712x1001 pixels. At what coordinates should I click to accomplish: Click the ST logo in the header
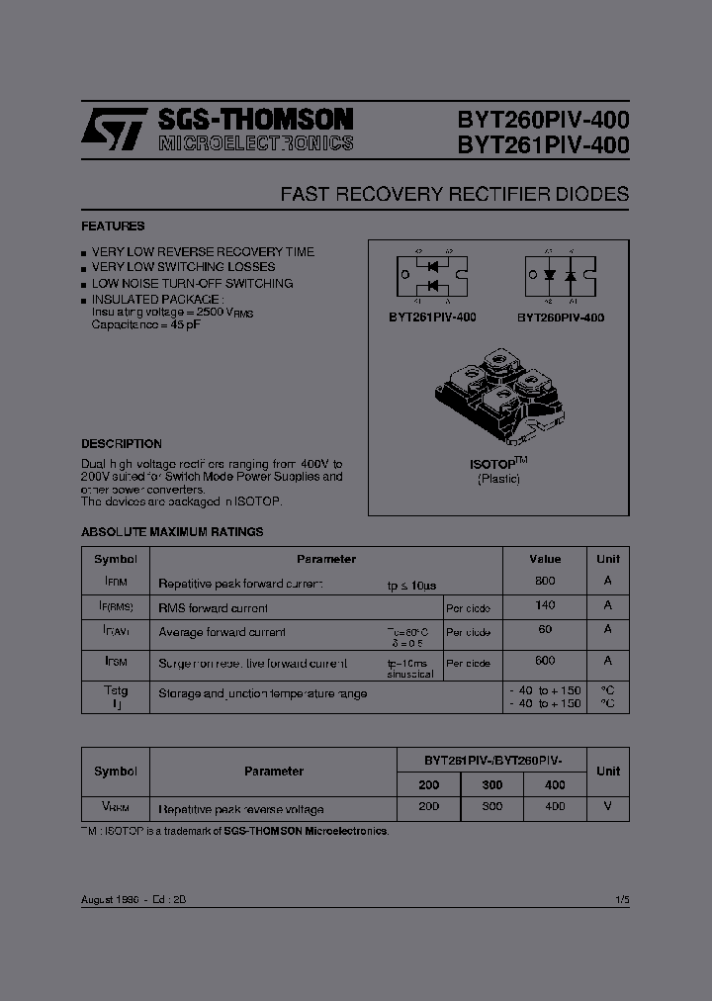115,130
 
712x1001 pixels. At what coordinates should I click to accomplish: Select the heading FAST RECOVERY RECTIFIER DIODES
454,194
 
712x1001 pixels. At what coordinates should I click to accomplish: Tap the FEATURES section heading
113,227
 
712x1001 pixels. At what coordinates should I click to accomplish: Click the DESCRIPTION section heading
122,444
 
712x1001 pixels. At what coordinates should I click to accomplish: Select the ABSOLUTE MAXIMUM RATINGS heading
172,531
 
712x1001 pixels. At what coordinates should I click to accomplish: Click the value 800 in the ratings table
545,582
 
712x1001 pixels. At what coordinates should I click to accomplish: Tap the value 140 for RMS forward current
545,605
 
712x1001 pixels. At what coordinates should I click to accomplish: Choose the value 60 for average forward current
545,629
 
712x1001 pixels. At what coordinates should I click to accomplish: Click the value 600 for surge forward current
545,661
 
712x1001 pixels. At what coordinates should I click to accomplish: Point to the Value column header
545,559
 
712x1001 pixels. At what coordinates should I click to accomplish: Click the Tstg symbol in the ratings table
116,690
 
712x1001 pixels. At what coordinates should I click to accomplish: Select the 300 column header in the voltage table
491,784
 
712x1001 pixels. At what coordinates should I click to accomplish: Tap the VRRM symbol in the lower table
116,807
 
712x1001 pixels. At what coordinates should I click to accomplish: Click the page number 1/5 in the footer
621,899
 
